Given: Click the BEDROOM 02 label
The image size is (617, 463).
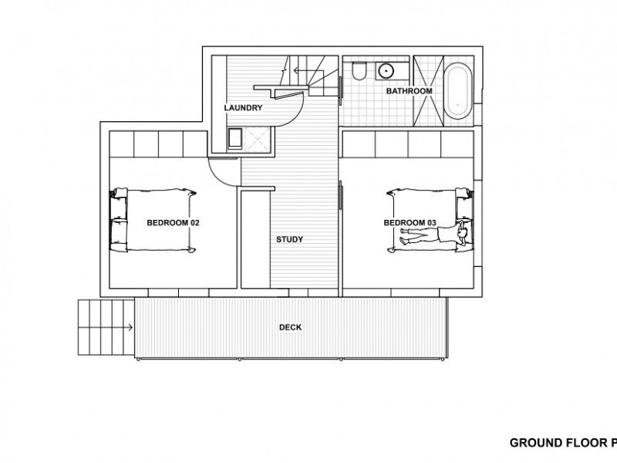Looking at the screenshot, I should click(x=173, y=223).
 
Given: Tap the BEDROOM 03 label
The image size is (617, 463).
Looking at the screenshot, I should click(x=410, y=223).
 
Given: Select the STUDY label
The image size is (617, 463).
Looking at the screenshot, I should click(x=289, y=239).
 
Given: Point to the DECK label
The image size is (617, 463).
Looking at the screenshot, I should click(x=290, y=327).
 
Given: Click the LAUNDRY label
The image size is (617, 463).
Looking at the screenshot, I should click(x=244, y=108).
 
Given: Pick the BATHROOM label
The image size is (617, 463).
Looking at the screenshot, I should click(x=409, y=91).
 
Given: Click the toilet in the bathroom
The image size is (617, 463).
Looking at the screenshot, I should click(x=357, y=73).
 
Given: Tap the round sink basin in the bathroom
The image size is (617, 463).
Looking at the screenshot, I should click(x=386, y=73).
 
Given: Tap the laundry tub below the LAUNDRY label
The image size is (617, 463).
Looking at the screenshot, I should click(x=235, y=138).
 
